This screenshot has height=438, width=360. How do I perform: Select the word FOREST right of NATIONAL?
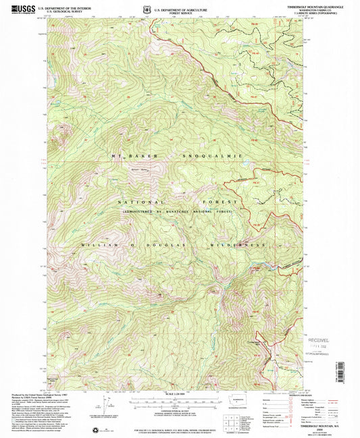[220, 202]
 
